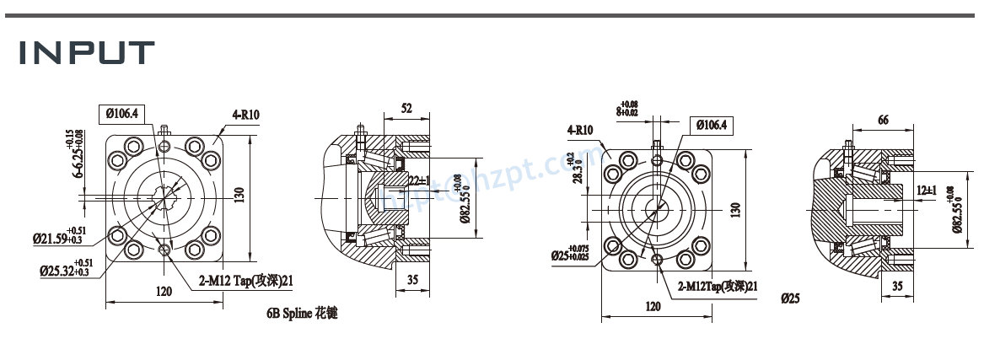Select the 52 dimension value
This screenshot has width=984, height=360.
coord(406,109)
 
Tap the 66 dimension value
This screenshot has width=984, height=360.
coord(883,121)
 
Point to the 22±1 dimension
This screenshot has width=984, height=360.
coord(419,180)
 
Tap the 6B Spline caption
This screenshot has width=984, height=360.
coord(302,313)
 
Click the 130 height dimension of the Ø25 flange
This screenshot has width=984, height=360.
coord(735,207)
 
